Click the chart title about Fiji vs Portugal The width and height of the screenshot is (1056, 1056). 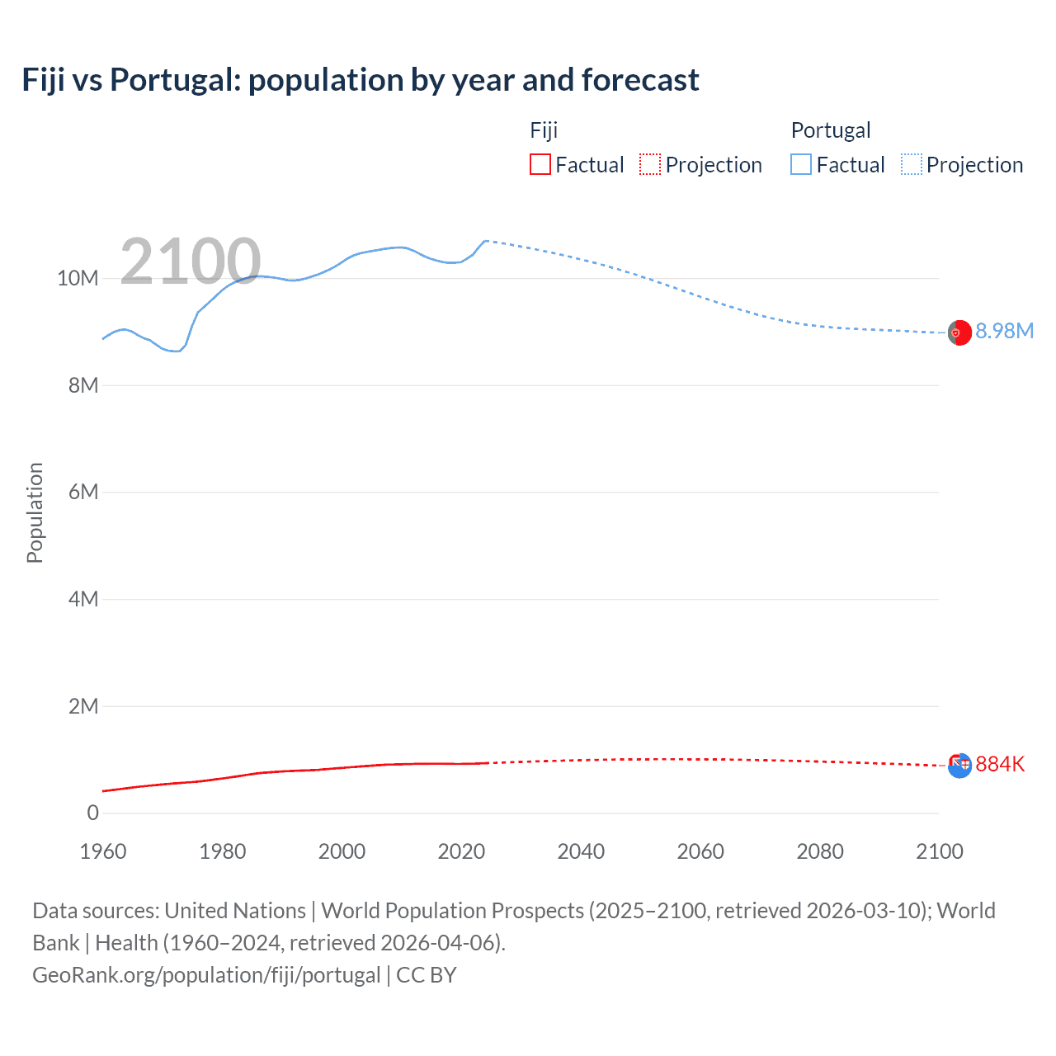click(361, 80)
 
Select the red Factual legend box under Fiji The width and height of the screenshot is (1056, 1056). click(540, 164)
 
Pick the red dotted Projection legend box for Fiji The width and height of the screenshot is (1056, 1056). click(650, 164)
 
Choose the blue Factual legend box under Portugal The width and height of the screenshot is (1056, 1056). click(801, 164)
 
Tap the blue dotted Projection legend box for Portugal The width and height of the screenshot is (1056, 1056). click(912, 164)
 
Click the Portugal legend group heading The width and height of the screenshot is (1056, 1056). click(831, 130)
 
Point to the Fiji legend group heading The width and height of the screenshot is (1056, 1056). click(544, 130)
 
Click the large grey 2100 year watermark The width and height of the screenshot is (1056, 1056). click(191, 262)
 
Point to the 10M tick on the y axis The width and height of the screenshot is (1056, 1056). click(78, 278)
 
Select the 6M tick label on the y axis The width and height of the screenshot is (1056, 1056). click(83, 492)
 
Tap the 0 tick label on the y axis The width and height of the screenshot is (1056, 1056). click(92, 813)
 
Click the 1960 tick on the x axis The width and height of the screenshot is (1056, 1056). click(103, 851)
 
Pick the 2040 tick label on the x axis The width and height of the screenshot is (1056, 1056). click(581, 851)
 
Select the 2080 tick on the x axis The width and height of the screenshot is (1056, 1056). click(820, 851)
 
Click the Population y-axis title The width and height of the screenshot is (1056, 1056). click(35, 512)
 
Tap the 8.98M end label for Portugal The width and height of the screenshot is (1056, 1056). click(1004, 331)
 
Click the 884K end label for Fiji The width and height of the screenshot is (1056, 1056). click(1000, 764)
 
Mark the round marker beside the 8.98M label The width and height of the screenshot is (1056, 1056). click(959, 332)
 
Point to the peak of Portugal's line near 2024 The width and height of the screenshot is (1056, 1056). click(485, 241)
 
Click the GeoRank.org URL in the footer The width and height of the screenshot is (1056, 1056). click(206, 974)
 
